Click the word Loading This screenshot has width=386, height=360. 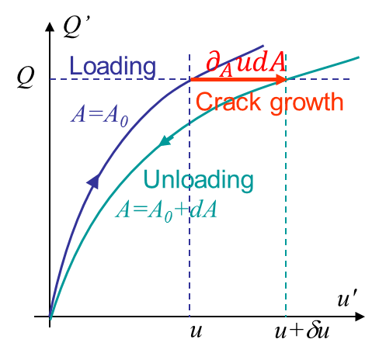coord(113,67)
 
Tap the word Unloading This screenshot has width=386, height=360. coord(198,181)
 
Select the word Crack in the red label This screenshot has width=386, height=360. coord(228,102)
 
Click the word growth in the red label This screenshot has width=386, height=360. coord(307,102)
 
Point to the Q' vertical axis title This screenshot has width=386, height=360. coord(76,27)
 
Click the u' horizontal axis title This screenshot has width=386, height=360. coord(347,298)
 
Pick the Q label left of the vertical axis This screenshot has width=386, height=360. coord(26,77)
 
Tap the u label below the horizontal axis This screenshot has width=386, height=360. coord(196,331)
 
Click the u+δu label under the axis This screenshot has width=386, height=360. coord(302,331)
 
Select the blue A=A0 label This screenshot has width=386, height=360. coord(99,116)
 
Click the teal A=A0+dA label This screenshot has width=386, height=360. coord(166,211)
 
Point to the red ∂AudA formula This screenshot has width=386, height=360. coord(246,64)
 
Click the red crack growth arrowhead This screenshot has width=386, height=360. coord(281,79)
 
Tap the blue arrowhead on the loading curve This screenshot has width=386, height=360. coord(94,181)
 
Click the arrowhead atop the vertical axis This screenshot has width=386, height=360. coord(50,27)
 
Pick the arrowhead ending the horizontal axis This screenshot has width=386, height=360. coord(360,317)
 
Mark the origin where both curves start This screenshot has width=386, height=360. coord(50,317)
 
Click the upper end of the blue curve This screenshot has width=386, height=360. coord(263,46)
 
